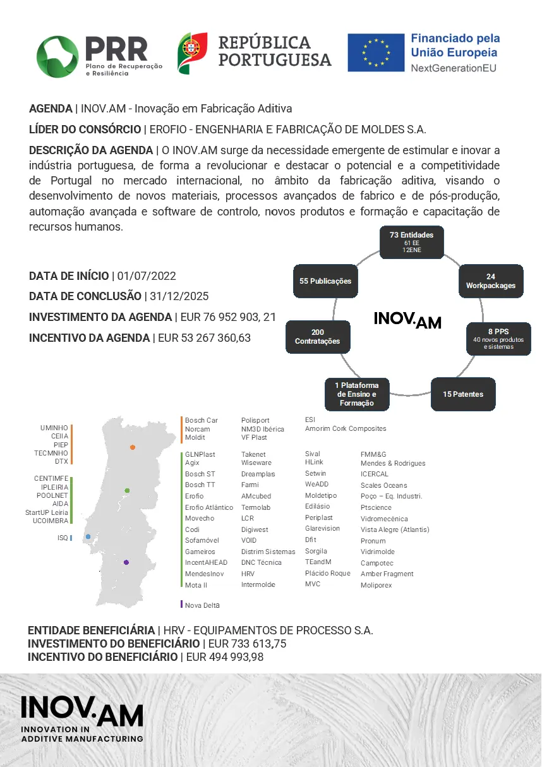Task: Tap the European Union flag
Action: tap(376, 52)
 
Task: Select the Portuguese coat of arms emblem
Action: tap(193, 53)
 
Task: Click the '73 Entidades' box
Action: tap(411, 242)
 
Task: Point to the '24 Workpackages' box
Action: tap(491, 281)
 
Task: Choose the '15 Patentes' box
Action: tap(463, 394)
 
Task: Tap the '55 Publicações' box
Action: tap(325, 281)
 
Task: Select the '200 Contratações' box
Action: tap(318, 337)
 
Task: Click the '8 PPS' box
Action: tap(498, 339)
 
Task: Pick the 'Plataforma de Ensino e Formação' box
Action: tap(357, 394)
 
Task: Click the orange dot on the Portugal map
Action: tap(133, 447)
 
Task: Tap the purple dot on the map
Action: tap(126, 562)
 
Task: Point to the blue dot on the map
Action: tap(88, 536)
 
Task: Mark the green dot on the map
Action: tap(127, 490)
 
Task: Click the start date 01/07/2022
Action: tap(147, 276)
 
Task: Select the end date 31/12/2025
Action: tap(179, 296)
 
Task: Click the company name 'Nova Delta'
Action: tap(202, 605)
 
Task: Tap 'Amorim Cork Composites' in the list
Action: tap(346, 428)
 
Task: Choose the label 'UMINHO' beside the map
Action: tap(54, 428)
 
